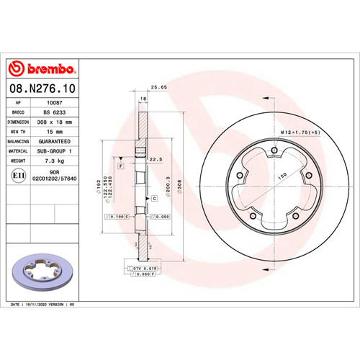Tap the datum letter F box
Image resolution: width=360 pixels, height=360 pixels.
(121, 166)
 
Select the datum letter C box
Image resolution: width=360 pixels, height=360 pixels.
(154, 197)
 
